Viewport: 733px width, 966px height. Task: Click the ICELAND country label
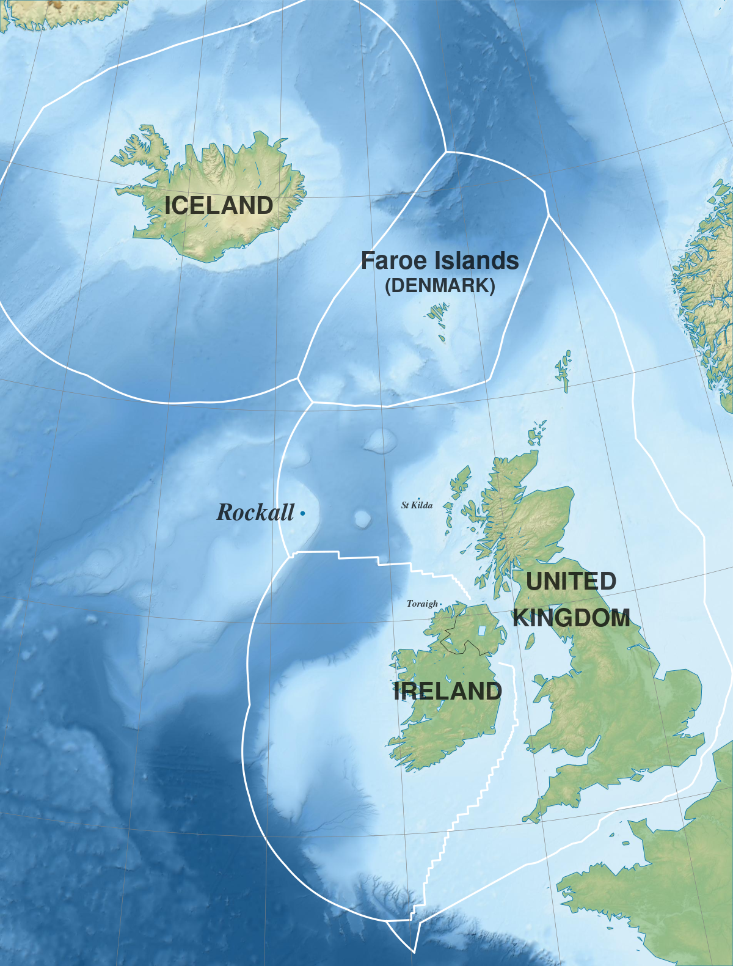click(219, 205)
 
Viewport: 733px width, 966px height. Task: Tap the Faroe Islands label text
click(440, 261)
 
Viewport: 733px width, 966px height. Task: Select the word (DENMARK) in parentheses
click(440, 286)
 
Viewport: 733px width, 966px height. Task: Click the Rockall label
click(255, 513)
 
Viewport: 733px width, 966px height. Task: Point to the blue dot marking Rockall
click(302, 514)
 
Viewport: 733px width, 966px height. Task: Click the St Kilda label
click(417, 505)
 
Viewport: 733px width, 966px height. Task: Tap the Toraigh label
click(422, 604)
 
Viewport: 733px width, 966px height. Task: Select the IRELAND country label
click(448, 691)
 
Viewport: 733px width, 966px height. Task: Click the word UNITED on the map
click(571, 581)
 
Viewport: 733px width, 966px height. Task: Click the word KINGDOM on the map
click(572, 618)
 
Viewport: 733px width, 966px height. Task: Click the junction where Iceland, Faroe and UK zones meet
click(312, 402)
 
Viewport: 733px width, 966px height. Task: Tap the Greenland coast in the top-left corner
click(61, 12)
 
